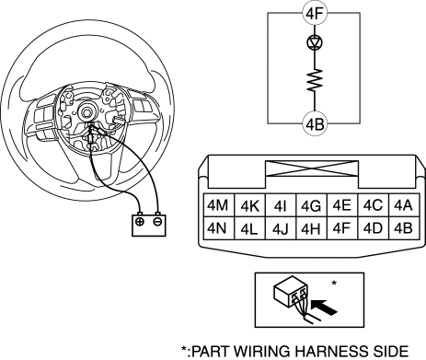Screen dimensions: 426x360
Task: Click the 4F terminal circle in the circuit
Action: tap(315, 14)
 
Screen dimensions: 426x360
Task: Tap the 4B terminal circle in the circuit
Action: tap(315, 124)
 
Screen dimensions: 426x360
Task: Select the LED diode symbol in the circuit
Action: tap(315, 42)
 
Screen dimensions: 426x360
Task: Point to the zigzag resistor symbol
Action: tap(315, 80)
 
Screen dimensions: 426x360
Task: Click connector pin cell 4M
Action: tap(219, 205)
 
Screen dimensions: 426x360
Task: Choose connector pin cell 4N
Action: tap(219, 228)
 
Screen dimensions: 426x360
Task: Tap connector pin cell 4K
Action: tap(249, 205)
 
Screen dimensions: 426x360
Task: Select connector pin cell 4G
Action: tap(312, 205)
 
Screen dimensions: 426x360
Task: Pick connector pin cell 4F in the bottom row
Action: tap(342, 228)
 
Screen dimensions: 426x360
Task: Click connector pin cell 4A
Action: tap(404, 205)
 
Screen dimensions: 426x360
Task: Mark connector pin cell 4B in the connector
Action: tap(404, 228)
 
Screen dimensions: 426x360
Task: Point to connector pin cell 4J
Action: tap(281, 228)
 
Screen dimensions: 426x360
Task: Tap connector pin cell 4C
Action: tap(374, 205)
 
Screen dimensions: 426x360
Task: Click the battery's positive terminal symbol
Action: tap(140, 222)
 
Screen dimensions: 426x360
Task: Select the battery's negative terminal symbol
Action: tap(157, 222)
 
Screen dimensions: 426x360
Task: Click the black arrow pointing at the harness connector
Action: tap(324, 308)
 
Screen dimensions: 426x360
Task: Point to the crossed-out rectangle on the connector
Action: tap(312, 168)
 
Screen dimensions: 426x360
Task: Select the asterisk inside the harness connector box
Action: tap(334, 283)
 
